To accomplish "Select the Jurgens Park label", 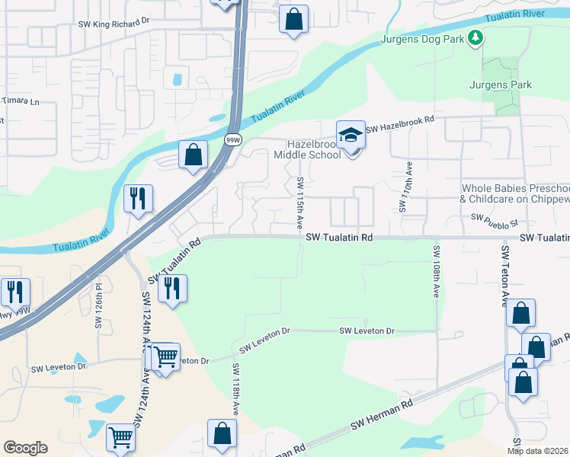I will [501, 85].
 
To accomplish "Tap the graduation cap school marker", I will [351, 136].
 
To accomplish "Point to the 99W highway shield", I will [233, 140].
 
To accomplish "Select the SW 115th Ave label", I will [300, 201].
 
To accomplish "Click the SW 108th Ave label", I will [437, 270].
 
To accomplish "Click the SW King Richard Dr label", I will [112, 24].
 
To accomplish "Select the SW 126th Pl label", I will [98, 306].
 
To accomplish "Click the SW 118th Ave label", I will [236, 389].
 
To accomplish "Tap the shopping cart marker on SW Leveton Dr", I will [165, 357].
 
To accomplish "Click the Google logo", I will [25, 447].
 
